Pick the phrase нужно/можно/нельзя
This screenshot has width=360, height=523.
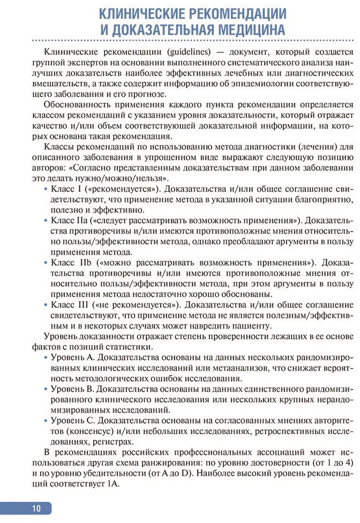coord(117,178)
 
